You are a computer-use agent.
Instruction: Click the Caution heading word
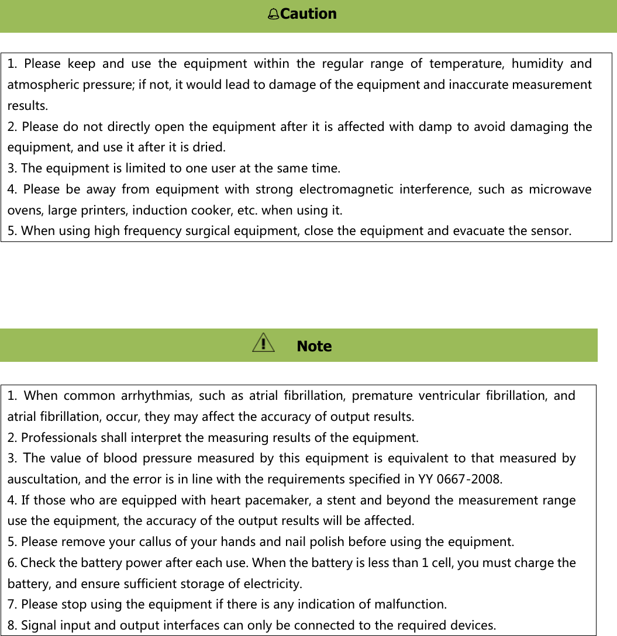(x=308, y=13)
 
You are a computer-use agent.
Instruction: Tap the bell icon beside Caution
(x=273, y=14)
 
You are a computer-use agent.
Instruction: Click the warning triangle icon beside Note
(x=263, y=343)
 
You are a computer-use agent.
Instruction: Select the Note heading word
(x=314, y=346)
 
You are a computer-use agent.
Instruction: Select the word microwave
(x=560, y=189)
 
